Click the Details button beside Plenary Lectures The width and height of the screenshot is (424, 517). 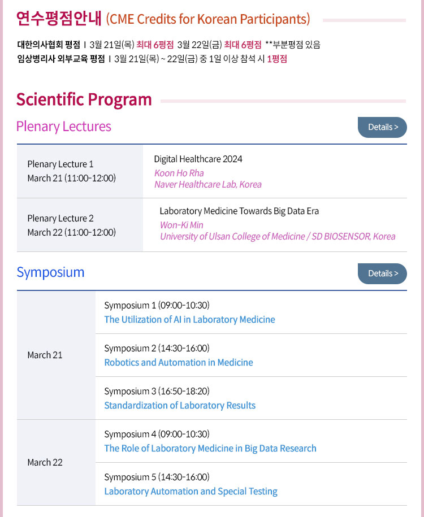point(382,127)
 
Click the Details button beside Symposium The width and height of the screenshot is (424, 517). point(382,273)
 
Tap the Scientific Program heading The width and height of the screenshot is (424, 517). point(84,99)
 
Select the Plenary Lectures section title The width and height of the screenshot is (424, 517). point(64,127)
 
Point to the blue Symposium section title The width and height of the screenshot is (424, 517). point(50,273)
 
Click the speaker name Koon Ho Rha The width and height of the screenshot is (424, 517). point(179,173)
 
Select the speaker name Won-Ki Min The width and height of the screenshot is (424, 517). point(181,225)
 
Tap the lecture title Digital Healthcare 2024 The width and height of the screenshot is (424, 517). point(198,159)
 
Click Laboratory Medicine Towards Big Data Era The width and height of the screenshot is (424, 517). point(239,211)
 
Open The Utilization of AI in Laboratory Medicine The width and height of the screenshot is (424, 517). point(190,319)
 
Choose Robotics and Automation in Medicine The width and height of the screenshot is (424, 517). point(179,362)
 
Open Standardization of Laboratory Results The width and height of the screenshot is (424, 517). point(180,405)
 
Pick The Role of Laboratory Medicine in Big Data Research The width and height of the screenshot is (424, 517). point(210,449)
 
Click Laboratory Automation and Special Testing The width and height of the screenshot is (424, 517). point(191,491)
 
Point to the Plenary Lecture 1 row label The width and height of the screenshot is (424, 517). point(60,164)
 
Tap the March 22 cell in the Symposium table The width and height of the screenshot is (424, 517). point(45,463)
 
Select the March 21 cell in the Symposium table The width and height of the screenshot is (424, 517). point(45,355)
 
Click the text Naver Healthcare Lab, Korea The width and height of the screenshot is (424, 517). point(208,185)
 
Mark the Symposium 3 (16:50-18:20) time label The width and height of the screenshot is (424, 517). point(157,392)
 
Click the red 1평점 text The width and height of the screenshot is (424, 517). point(277,59)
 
